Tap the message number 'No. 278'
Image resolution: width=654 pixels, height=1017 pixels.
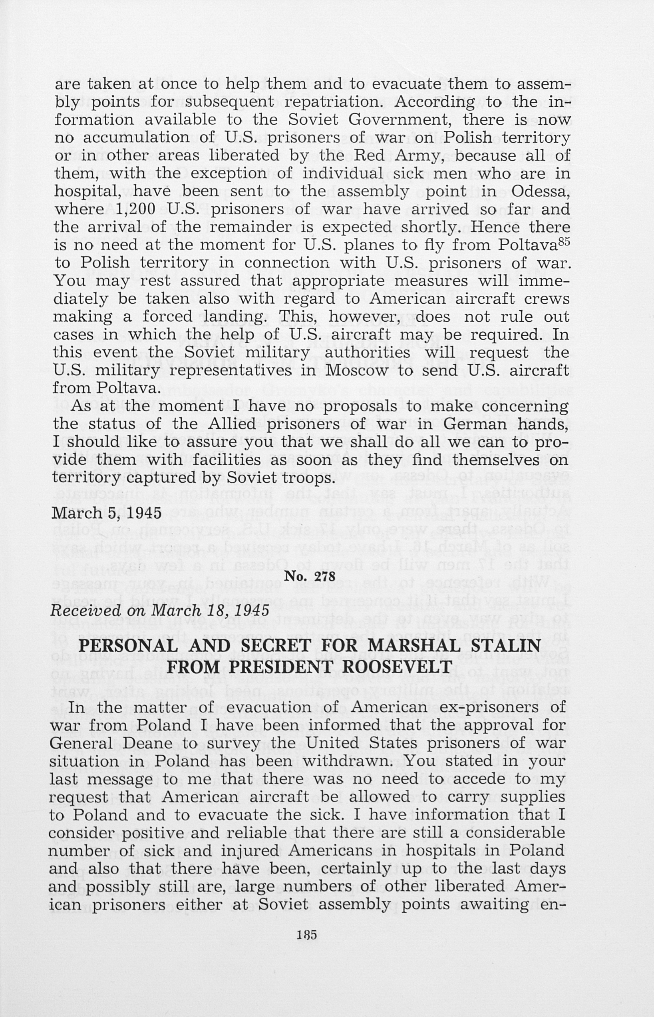[x=310, y=577]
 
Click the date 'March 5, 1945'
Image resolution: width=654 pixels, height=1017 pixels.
[x=107, y=513]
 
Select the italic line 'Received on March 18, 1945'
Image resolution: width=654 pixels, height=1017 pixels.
[x=159, y=611]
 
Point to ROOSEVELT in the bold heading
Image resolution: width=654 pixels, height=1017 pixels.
[x=397, y=667]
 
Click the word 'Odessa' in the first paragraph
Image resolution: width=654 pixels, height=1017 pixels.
[x=539, y=191]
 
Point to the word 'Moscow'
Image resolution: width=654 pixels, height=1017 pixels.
[x=357, y=370]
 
